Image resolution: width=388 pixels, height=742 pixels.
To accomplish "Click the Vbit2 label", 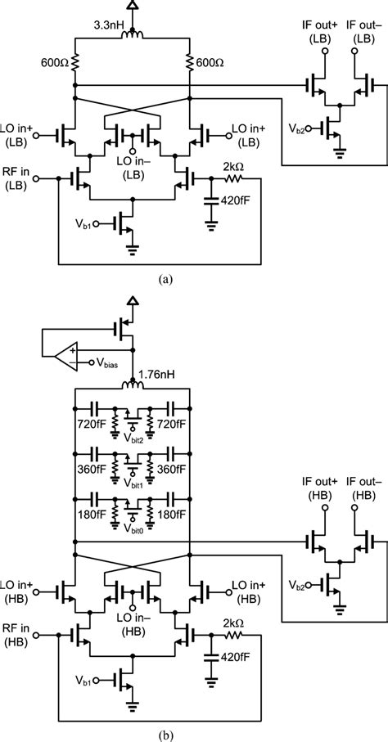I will tap(134, 439).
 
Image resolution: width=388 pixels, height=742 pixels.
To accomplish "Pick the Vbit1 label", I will tap(134, 483).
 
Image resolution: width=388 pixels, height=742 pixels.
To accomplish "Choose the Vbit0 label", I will tap(134, 528).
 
